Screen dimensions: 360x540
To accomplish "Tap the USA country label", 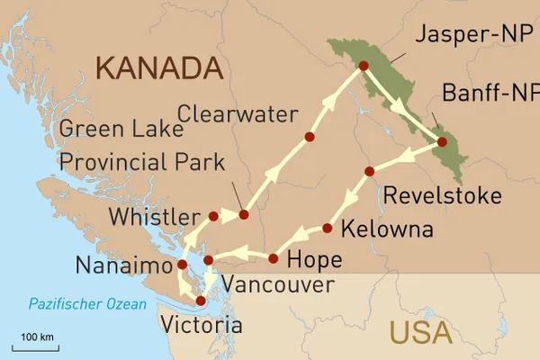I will click(x=421, y=332).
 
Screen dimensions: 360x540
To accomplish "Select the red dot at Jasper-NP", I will click(x=364, y=66).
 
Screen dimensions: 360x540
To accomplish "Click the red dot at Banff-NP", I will click(x=442, y=141).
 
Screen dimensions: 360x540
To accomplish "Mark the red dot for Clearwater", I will click(x=310, y=138).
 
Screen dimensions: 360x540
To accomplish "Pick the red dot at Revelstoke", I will click(x=369, y=171).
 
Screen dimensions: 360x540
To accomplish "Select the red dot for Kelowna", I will click(x=328, y=229).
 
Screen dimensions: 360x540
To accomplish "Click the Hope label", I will click(x=313, y=261).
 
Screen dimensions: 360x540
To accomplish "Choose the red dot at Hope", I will click(x=274, y=259).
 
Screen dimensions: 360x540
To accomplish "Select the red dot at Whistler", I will click(x=213, y=216).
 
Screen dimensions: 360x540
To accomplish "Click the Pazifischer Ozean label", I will click(x=86, y=304).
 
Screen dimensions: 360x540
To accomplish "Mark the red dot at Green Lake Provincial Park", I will click(x=243, y=215).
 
